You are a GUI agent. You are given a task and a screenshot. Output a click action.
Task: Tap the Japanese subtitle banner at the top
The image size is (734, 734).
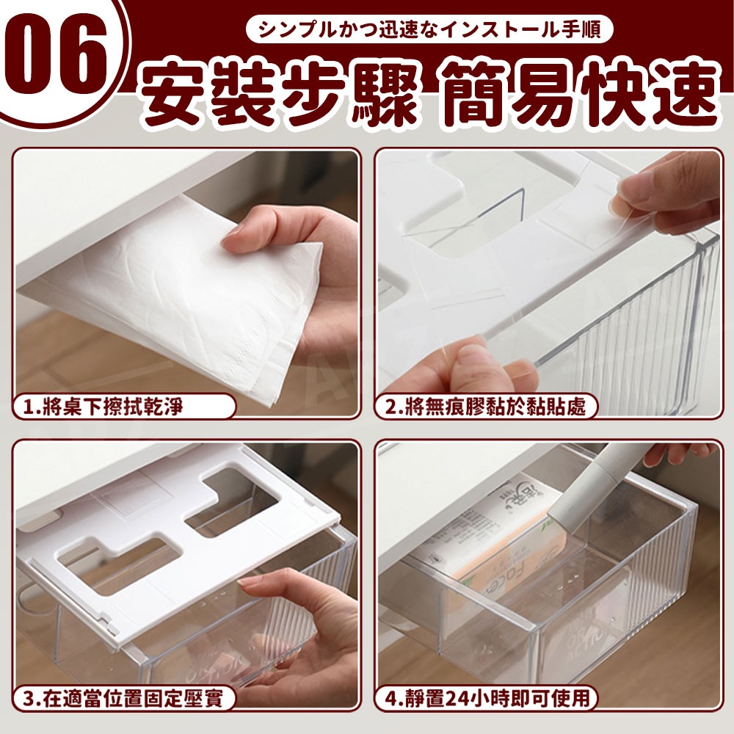(429, 30)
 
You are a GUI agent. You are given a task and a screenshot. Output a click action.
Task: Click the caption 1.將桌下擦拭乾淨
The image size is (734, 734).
(123, 407)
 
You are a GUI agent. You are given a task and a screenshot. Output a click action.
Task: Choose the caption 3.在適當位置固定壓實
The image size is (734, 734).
(123, 699)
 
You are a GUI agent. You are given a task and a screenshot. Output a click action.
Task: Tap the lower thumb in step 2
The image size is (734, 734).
(468, 360)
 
